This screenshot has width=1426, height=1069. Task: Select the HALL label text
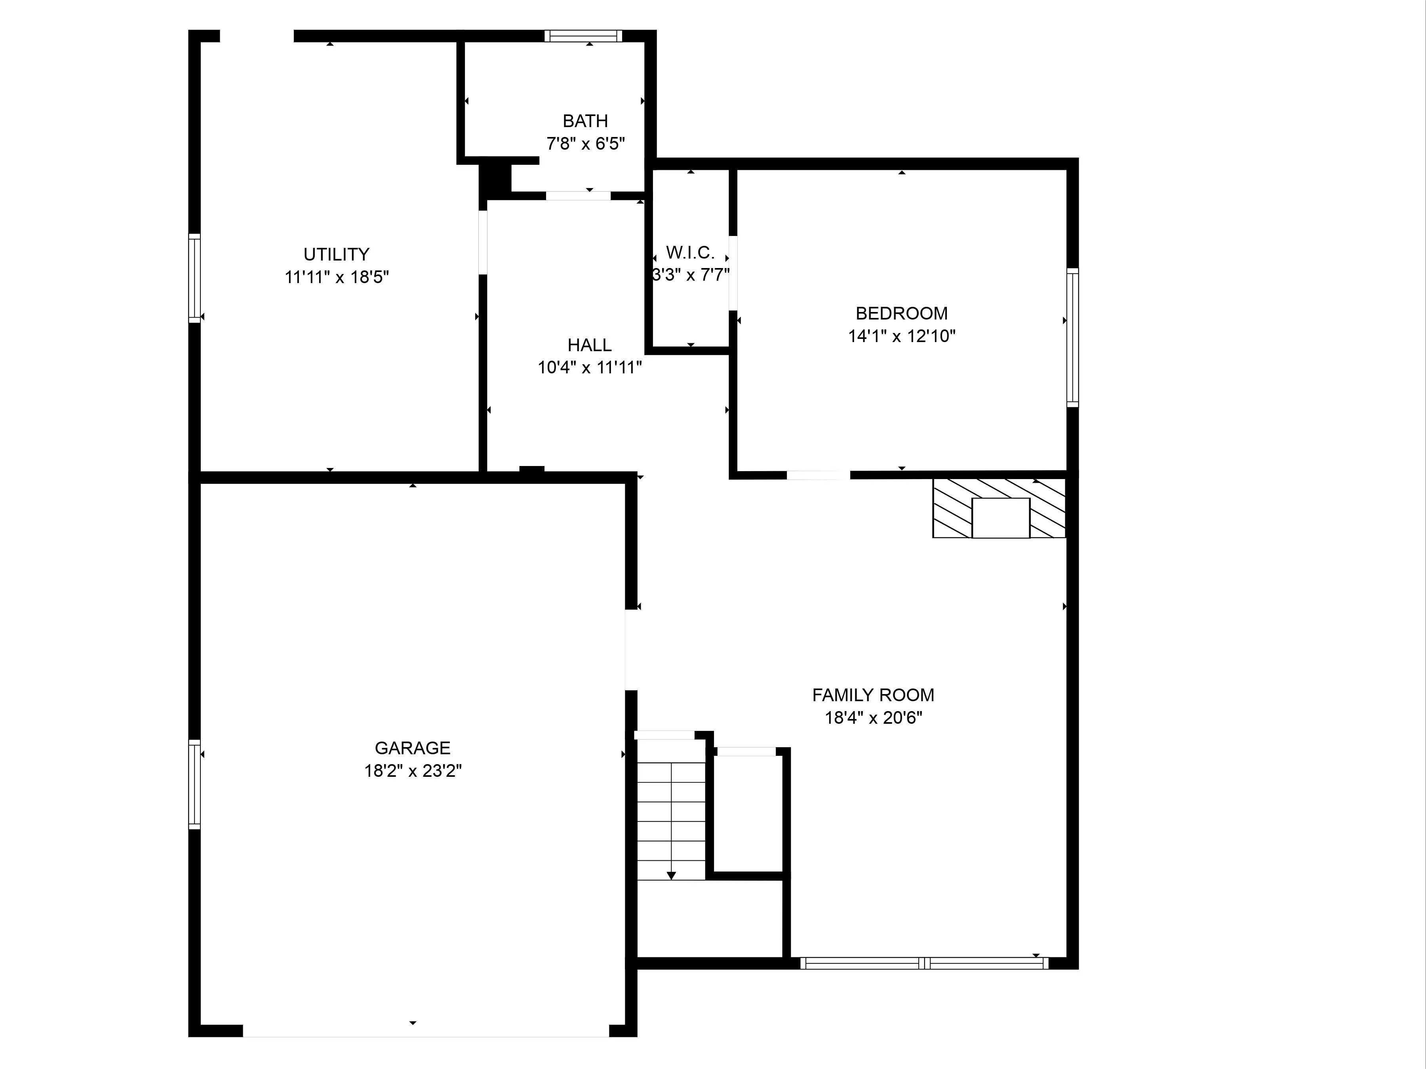pos(589,345)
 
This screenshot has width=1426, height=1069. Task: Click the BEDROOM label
pos(901,313)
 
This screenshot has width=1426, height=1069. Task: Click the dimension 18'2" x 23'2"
pos(413,770)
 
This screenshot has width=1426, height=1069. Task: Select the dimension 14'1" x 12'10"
pos(901,336)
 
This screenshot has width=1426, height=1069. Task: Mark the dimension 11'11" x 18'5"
pos(337,277)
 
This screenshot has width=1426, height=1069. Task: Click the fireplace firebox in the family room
pos(1001,518)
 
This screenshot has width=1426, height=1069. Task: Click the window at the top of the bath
pos(583,36)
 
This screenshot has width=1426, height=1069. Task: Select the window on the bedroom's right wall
pos(1072,337)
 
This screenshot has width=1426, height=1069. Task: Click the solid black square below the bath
pos(495,179)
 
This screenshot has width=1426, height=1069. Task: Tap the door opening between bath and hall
pos(578,196)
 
